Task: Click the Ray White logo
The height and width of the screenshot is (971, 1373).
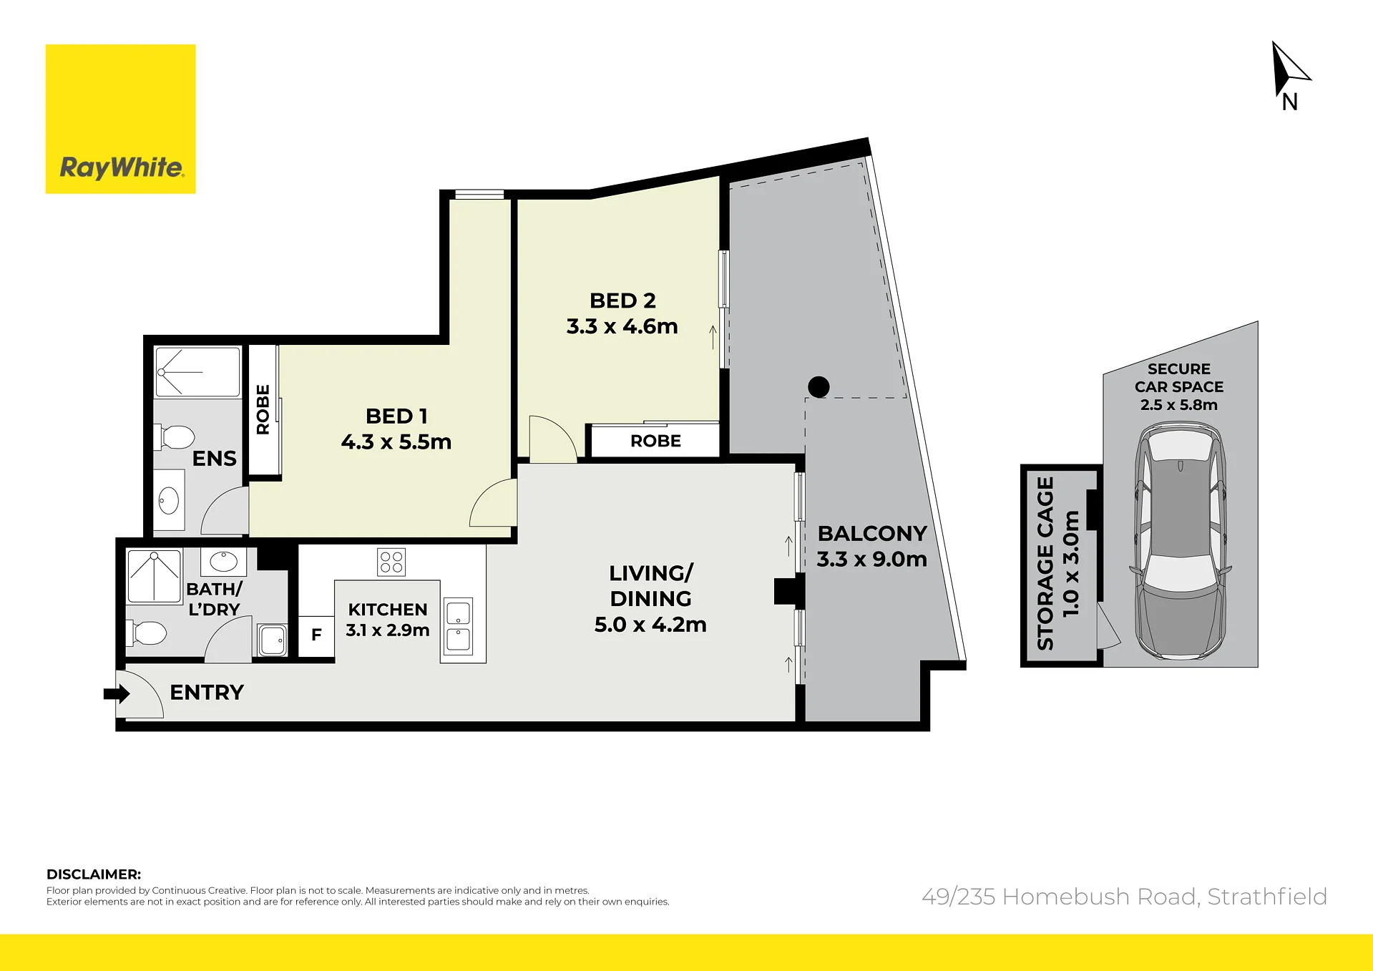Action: point(120,119)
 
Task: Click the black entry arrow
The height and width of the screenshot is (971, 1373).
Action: point(117,693)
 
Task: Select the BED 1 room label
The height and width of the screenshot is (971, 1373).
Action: point(396,416)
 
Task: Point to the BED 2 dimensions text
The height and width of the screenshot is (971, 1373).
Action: point(622,326)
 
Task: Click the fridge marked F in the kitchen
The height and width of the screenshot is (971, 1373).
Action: point(316,635)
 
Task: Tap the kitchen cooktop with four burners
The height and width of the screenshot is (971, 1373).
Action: point(391,562)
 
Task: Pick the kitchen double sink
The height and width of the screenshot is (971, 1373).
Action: point(459,627)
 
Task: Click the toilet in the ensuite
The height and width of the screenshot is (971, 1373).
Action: point(174,436)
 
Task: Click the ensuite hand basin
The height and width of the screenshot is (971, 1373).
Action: point(169,500)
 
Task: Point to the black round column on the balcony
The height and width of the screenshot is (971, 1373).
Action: point(819,387)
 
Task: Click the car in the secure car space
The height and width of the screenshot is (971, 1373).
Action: point(1180,540)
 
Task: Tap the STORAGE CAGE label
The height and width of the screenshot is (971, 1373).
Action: point(1045,563)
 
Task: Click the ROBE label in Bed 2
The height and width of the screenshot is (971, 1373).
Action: point(655,441)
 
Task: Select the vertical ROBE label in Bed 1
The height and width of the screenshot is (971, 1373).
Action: point(263,409)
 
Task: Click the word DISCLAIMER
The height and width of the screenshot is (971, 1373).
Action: point(94,874)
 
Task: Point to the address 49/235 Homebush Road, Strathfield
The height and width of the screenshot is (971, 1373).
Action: point(1124,897)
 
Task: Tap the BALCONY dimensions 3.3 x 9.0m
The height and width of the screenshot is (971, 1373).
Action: point(871,559)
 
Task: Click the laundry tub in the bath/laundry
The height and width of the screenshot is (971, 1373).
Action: point(273,640)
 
